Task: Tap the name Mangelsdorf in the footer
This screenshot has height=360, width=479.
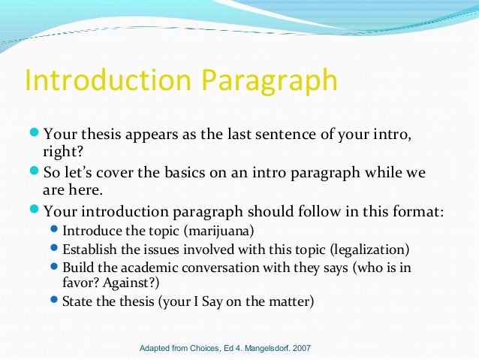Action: click(x=260, y=349)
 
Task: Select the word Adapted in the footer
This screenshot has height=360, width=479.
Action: click(x=155, y=349)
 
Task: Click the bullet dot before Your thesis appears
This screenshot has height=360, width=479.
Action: click(x=35, y=135)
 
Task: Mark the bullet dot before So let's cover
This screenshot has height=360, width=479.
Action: click(x=35, y=173)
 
